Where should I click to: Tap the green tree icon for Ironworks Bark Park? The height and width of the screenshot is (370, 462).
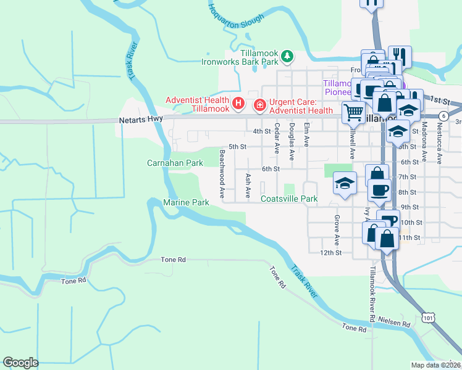pyautogui.click(x=287, y=57)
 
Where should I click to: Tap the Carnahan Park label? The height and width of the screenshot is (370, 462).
pyautogui.click(x=175, y=163)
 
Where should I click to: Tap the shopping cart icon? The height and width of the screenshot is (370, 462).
pyautogui.click(x=353, y=112)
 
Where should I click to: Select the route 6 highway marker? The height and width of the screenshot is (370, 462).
pyautogui.click(x=443, y=116)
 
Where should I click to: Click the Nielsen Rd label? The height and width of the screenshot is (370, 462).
pyautogui.click(x=397, y=324)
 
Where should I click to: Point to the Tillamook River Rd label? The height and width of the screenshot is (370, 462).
pyautogui.click(x=372, y=294)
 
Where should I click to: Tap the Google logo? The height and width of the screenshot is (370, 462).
pyautogui.click(x=20, y=362)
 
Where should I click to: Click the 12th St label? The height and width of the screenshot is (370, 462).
pyautogui.click(x=330, y=252)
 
